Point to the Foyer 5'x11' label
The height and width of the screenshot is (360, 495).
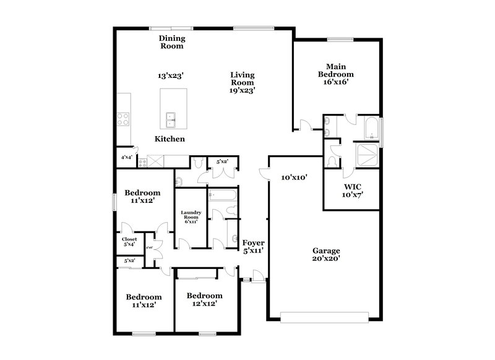(x=254, y=247)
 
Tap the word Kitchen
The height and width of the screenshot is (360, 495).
(x=170, y=139)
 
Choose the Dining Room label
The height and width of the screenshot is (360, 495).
(x=173, y=42)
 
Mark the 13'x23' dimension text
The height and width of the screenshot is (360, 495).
(x=171, y=75)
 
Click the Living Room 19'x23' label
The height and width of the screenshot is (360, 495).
(x=243, y=82)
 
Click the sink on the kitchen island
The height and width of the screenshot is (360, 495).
(x=170, y=116)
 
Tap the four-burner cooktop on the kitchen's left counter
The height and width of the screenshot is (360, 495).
(x=123, y=118)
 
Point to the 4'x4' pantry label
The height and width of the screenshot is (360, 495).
(x=126, y=158)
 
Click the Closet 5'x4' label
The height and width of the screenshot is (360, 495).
(x=129, y=242)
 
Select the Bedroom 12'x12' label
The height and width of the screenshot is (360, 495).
(x=204, y=300)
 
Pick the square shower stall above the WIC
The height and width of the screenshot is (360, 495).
(x=368, y=155)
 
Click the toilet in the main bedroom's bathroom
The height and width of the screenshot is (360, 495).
(x=332, y=160)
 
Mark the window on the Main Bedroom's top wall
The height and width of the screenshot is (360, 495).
(x=340, y=40)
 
